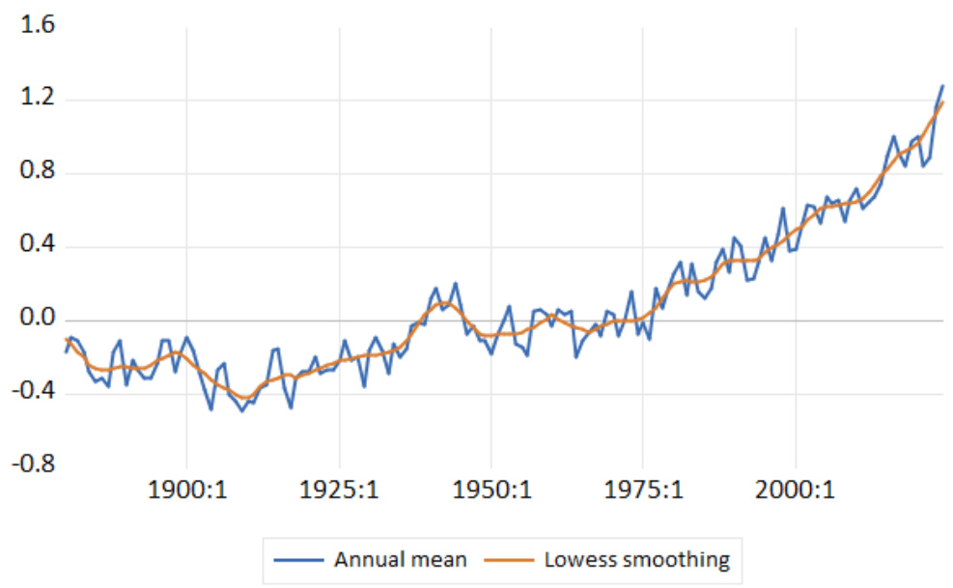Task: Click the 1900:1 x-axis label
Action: [x=186, y=491]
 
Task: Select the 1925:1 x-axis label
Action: [x=339, y=491]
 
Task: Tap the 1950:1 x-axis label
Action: [x=491, y=491]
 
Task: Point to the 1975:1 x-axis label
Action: [x=644, y=491]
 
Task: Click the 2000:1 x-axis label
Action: [x=797, y=491]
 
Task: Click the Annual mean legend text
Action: [x=400, y=559]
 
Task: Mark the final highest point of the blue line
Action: [x=942, y=86]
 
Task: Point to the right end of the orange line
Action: [x=943, y=102]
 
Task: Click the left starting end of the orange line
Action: [x=66, y=339]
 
